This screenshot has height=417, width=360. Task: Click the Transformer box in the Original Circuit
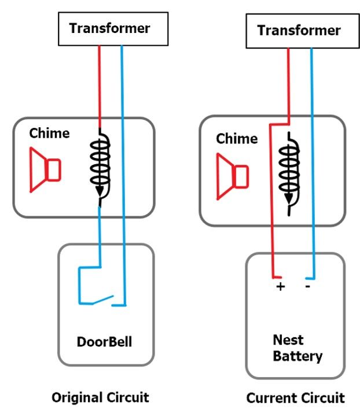pos(109,28)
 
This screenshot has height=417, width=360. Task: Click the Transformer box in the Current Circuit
pos(299,31)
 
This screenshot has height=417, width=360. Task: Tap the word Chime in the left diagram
pos(49,134)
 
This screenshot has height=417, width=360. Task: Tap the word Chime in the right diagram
pos(237,139)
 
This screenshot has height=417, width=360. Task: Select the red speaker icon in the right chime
pos(232,174)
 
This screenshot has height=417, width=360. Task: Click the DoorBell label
pos(104,342)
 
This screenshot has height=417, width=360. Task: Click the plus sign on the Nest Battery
pos(280,287)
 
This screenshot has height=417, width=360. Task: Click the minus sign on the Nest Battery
pos(307,286)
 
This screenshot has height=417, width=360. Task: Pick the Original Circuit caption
pos(100,398)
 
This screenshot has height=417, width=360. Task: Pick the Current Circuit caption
pos(295,398)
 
